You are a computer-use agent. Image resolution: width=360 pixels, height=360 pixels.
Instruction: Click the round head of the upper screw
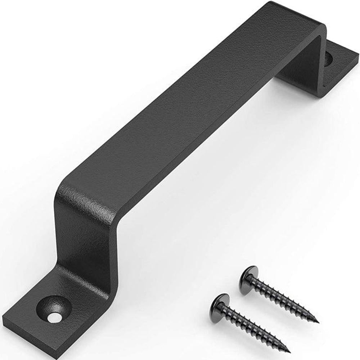pos(248,275)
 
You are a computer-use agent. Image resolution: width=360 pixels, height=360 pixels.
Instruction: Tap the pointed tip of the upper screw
pos(317,321)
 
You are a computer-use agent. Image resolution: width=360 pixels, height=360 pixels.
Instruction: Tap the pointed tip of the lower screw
pos(289,351)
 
